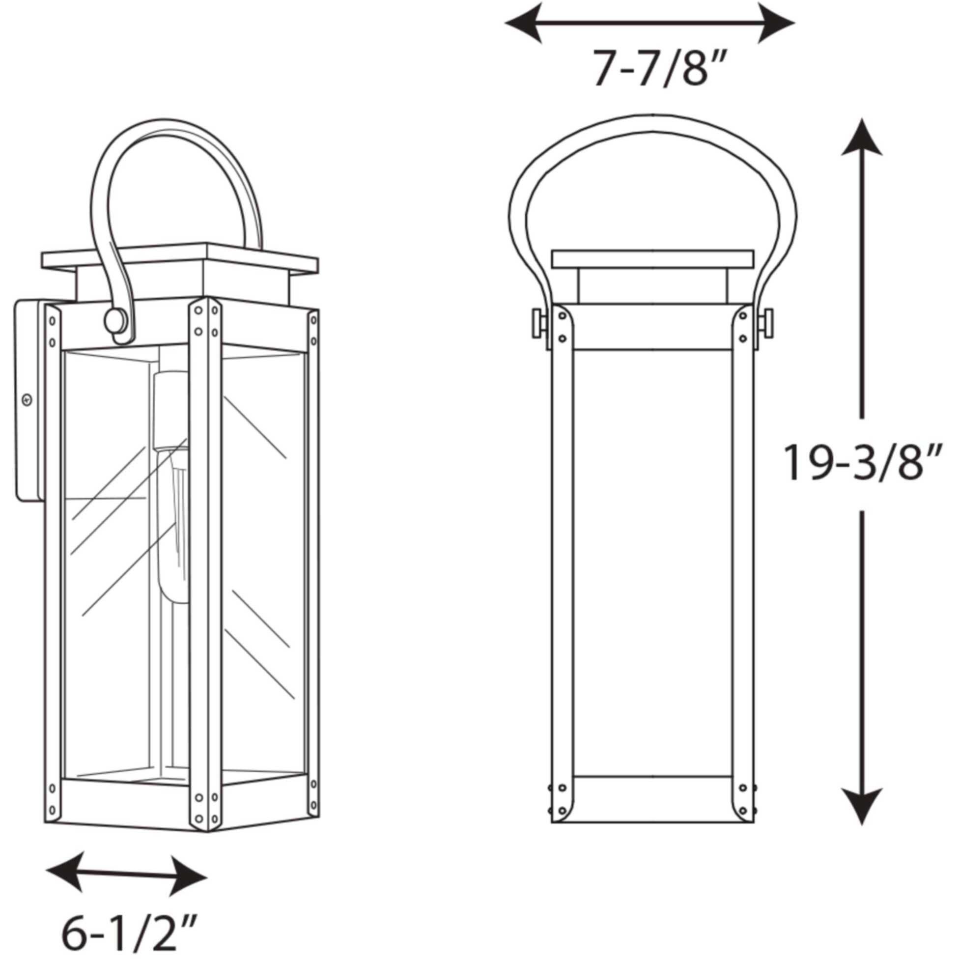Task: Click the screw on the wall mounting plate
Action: [28, 399]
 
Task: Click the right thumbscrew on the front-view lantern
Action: [767, 323]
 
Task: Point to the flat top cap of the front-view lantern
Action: [652, 258]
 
